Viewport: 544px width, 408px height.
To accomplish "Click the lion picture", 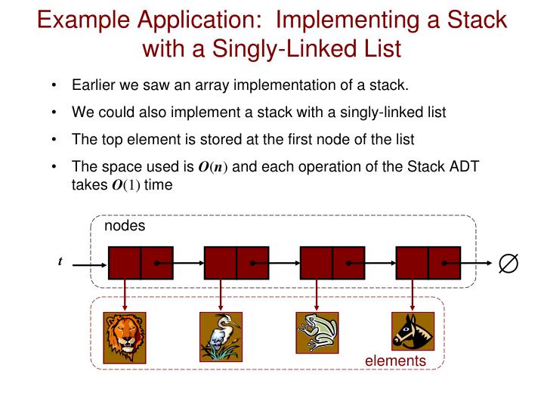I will click(125, 336).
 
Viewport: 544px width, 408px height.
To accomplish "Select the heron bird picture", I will click(221, 336).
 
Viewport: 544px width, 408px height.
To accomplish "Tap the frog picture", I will click(317, 332).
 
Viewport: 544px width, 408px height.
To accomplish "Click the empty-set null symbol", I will click(508, 263).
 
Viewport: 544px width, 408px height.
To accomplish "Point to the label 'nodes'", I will click(125, 226).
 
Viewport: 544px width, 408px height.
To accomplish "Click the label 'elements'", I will click(395, 361).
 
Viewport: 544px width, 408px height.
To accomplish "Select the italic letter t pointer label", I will click(60, 261).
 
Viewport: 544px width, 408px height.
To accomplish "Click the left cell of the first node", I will click(125, 263).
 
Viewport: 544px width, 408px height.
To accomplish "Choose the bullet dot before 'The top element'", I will click(56, 141).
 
